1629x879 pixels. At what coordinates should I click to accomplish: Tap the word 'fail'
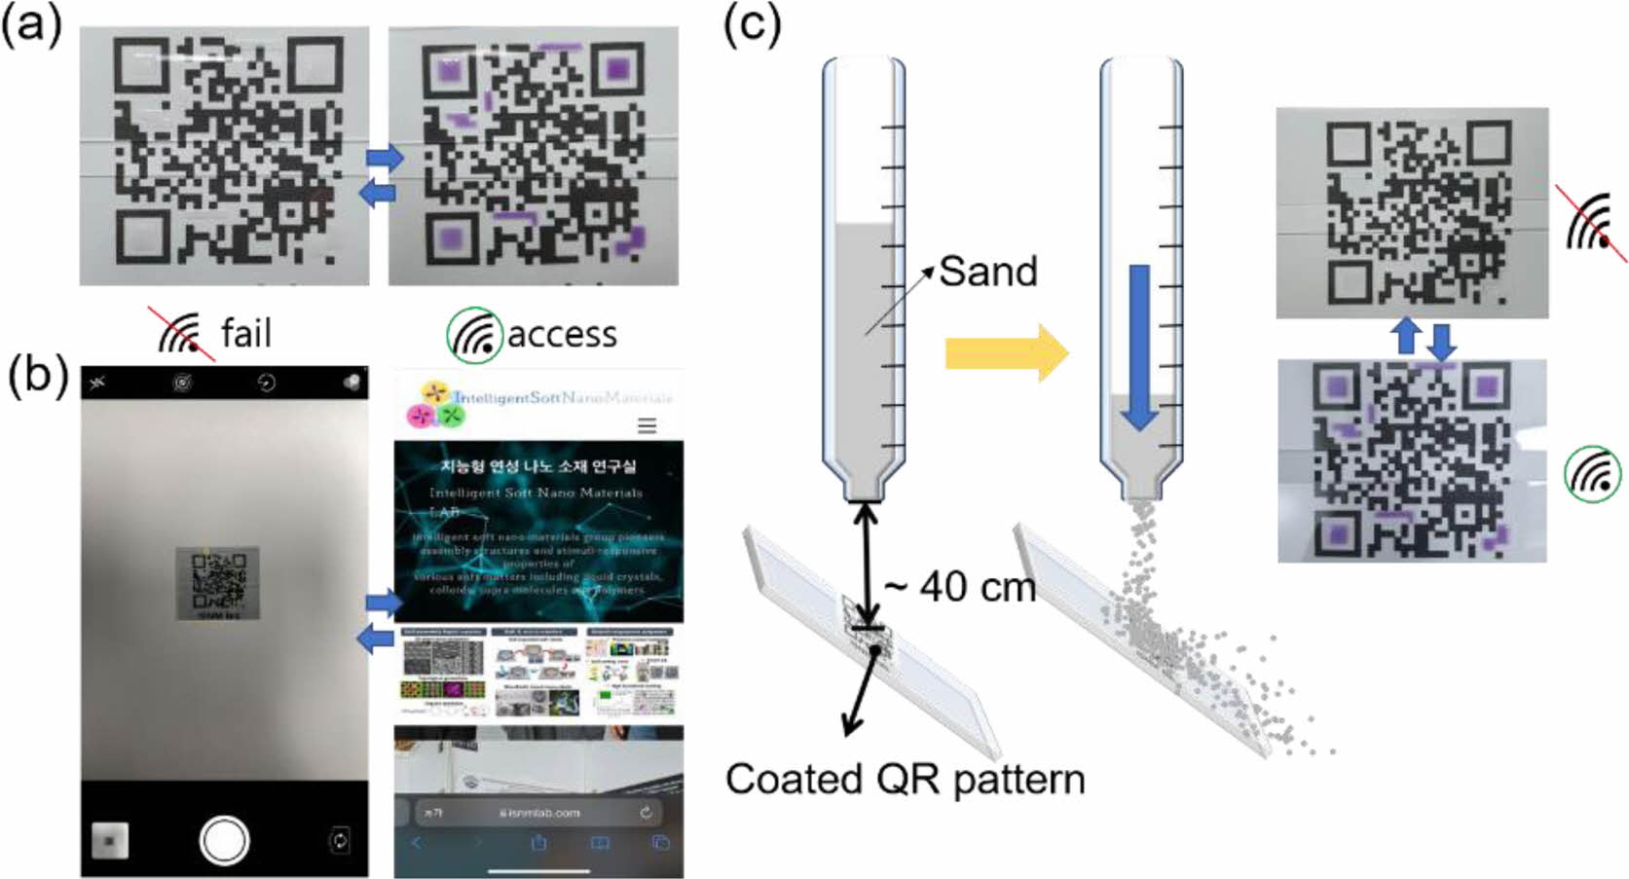coord(245,334)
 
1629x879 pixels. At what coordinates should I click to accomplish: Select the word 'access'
coord(562,335)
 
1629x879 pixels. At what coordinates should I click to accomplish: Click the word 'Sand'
coord(987,272)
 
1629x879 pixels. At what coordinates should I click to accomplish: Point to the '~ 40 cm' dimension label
coord(959,587)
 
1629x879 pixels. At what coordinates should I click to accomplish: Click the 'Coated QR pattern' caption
coord(905,780)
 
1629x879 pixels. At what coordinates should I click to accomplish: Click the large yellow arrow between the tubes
coord(1006,353)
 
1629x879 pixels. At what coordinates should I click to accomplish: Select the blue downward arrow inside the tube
coord(1139,347)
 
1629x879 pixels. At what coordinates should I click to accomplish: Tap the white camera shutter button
coord(223,840)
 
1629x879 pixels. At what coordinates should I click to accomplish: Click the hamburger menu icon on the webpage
coord(647,425)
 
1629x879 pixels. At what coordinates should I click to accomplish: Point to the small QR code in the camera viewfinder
coord(217,583)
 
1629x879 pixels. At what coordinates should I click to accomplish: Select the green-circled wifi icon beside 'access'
coord(474,335)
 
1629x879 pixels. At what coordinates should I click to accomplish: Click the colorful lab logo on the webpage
coord(433,404)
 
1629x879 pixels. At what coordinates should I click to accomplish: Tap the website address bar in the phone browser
coord(538,812)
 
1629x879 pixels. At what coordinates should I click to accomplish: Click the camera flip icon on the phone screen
coord(339,840)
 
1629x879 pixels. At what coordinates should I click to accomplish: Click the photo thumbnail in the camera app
coord(109,840)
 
